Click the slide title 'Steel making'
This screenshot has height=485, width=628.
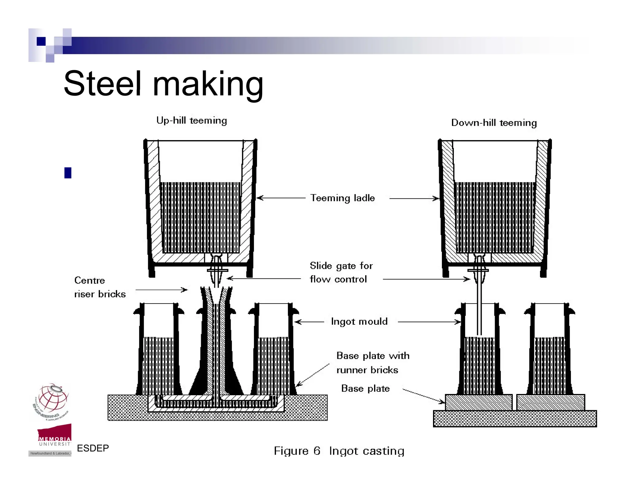[163, 83]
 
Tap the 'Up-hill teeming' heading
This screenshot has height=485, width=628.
[192, 120]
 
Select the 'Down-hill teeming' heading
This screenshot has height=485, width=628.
[494, 123]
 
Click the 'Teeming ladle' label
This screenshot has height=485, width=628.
[342, 198]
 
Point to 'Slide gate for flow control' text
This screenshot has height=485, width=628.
[341, 272]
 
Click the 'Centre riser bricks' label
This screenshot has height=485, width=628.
[100, 287]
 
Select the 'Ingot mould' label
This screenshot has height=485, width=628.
[359, 321]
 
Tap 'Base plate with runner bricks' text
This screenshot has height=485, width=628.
[372, 363]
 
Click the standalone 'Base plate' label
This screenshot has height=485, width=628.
[365, 388]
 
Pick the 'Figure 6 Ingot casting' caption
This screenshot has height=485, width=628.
[339, 451]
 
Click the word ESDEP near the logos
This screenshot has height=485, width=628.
[93, 448]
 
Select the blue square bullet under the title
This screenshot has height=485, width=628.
[68, 173]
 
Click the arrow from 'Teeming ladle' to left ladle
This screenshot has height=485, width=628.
[281, 198]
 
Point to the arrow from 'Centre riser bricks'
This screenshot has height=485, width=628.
[161, 290]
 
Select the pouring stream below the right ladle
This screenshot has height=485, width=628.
[479, 310]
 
